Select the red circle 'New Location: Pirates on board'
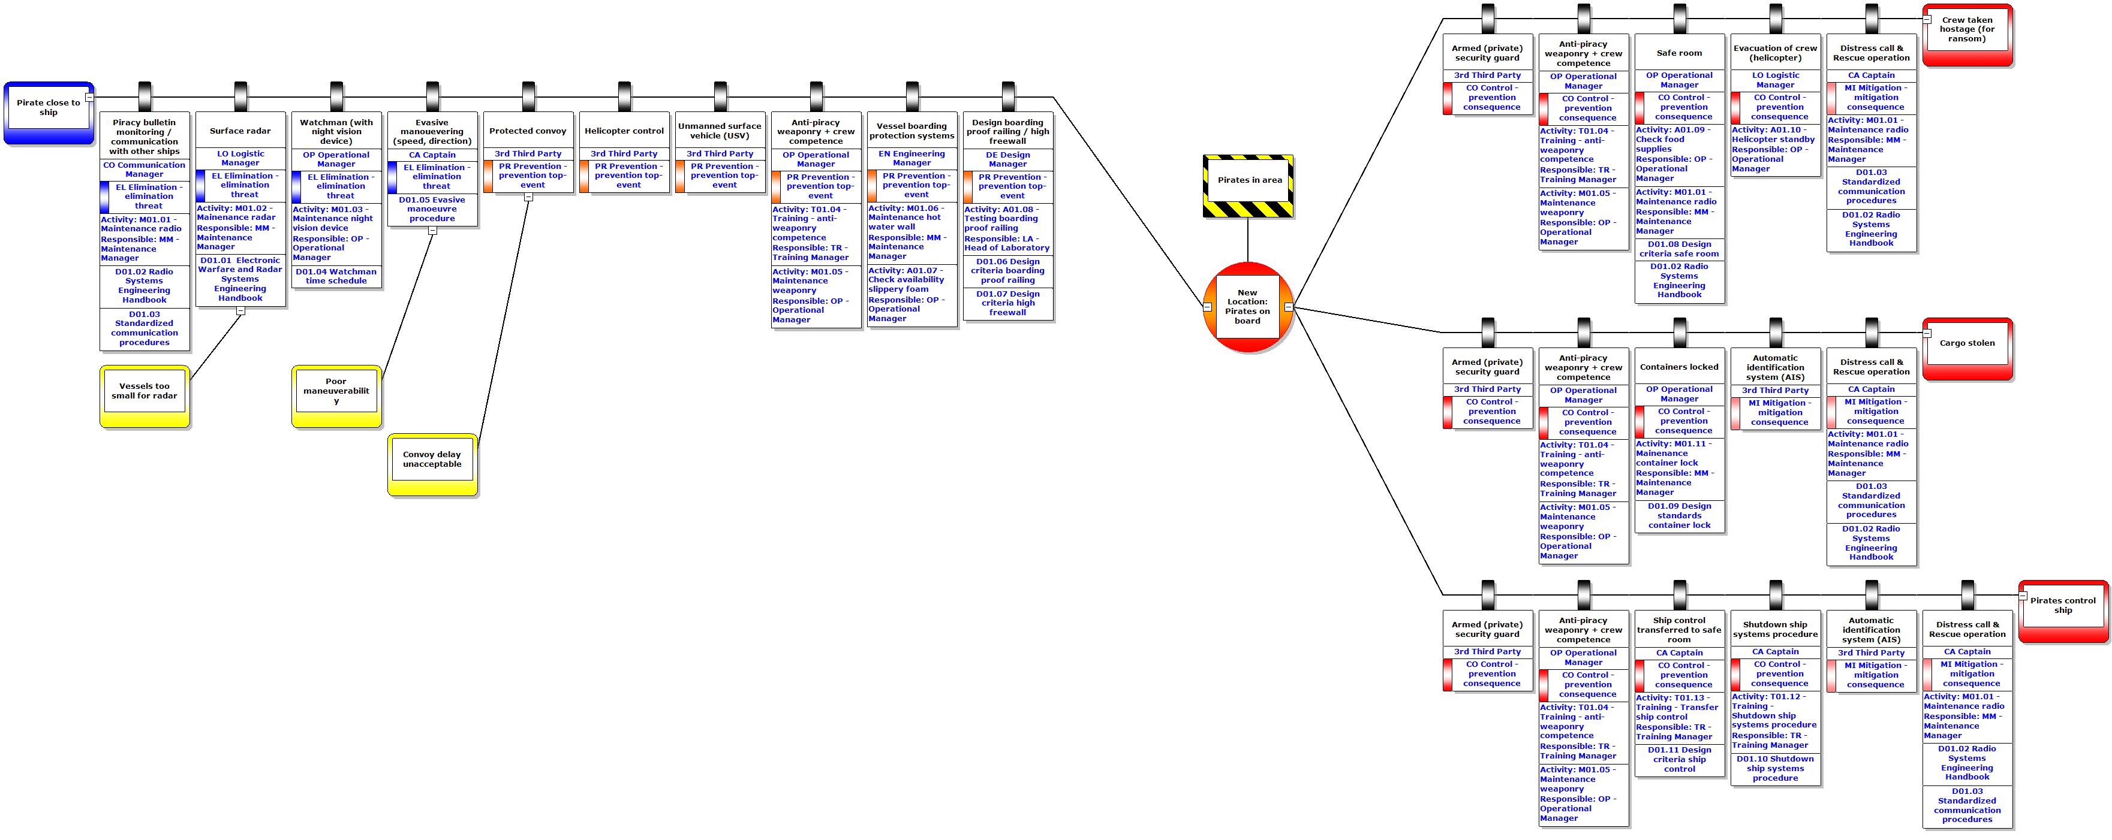[1247, 307]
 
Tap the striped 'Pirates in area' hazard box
[1248, 180]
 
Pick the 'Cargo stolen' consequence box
[1967, 344]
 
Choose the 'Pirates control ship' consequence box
[2063, 606]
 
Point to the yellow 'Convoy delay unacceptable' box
[432, 460]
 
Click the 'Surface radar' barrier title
[240, 131]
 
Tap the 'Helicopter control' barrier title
[624, 131]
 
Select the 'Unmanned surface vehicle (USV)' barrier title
[720, 131]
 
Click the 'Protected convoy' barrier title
[528, 131]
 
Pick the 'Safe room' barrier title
[1679, 53]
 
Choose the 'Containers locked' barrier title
[1679, 367]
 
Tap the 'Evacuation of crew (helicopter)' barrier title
[1775, 53]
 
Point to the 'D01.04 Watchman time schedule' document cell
[336, 277]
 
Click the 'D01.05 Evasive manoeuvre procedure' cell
[432, 210]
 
